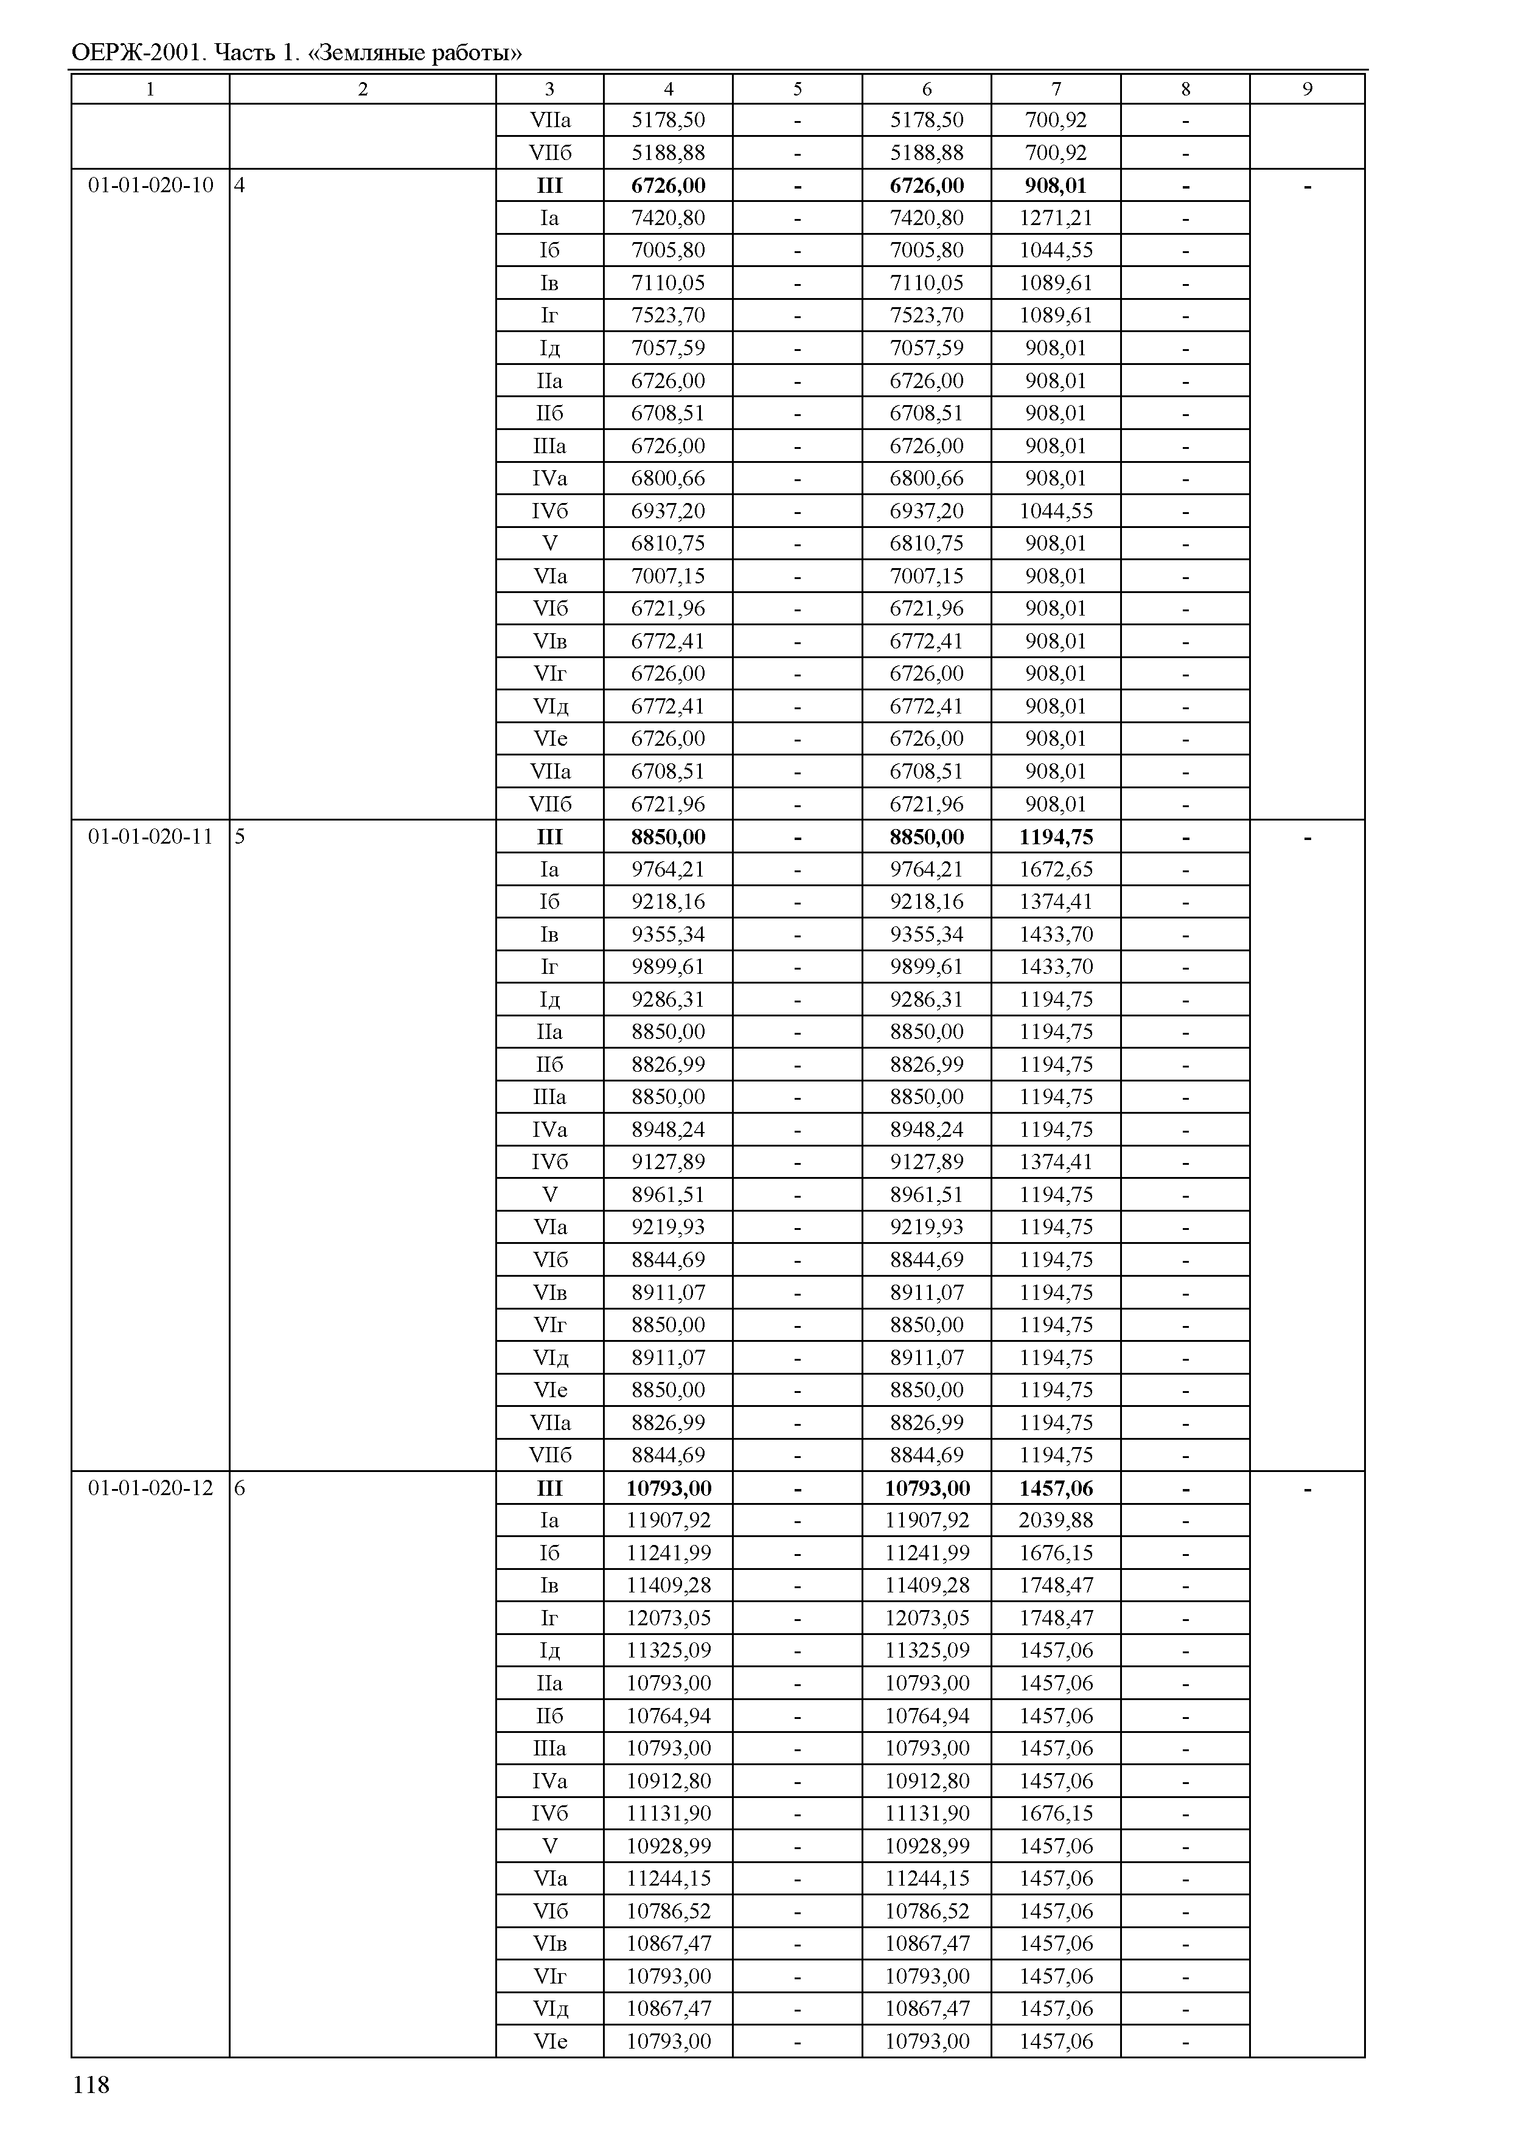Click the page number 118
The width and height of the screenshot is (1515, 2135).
coord(91,2085)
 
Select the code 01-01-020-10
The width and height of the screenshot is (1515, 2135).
coord(150,185)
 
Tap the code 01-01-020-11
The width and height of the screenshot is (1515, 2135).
coord(150,836)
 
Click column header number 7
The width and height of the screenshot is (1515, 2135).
coord(1056,89)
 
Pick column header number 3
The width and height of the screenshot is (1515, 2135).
coord(549,89)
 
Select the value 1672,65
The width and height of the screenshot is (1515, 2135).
coord(1056,869)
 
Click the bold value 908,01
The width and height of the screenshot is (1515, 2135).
coord(1056,186)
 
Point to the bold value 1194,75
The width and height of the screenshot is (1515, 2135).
coord(1056,836)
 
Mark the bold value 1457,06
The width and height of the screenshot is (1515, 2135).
coord(1056,1488)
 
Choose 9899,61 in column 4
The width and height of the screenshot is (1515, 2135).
coord(668,967)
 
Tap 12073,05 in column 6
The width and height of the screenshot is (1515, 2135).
coord(927,1617)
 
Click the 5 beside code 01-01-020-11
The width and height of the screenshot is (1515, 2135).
coord(240,836)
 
